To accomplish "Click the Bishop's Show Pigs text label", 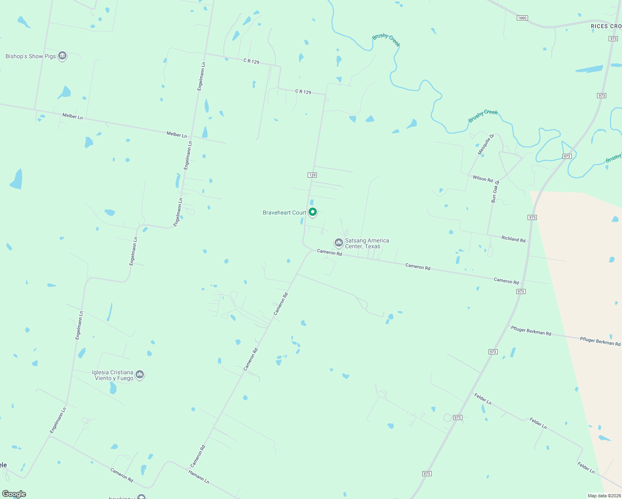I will tap(30, 56).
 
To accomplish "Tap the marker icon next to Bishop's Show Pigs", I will tap(62, 55).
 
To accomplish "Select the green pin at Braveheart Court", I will tap(313, 212).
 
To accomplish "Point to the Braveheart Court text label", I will tap(284, 212).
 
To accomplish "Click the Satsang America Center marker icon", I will tap(339, 242).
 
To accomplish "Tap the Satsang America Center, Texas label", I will tap(367, 243).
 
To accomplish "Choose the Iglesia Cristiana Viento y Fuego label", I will tap(113, 375).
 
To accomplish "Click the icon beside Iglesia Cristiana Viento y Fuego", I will tap(140, 375).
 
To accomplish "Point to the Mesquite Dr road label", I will tap(486, 144).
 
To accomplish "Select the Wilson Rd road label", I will tap(483, 178).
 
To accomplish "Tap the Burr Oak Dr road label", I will tap(495, 192).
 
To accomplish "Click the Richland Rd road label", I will tap(513, 239).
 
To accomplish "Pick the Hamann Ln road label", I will tap(199, 476).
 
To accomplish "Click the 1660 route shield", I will tap(522, 18).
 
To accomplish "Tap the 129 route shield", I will tap(313, 175).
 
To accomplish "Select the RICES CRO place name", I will tap(606, 26).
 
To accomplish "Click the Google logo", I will tap(14, 494).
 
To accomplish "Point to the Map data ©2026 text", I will tap(604, 496).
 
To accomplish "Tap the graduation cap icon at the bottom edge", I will tap(141, 497).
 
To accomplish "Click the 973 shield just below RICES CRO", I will tap(613, 39).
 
